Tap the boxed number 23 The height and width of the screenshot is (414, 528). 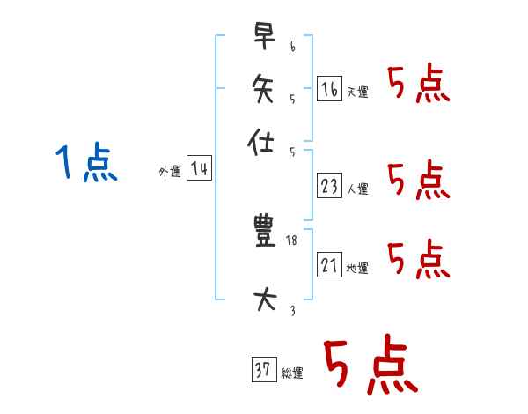329,185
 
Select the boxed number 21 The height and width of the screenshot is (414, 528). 329,264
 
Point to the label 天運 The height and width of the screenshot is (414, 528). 358,92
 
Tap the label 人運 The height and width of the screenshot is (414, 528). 358,189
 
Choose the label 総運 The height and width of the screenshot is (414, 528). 292,373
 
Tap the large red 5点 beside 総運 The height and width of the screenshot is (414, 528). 369,366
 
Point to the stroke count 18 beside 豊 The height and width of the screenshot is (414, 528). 292,240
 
